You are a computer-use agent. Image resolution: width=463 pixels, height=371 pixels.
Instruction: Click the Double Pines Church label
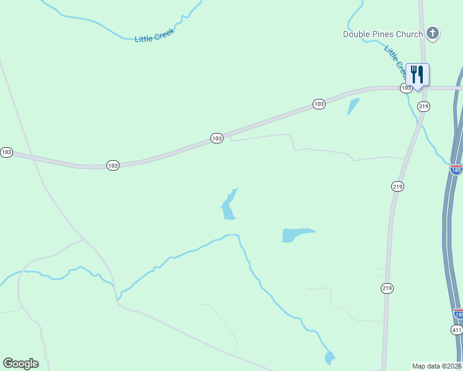click(x=383, y=34)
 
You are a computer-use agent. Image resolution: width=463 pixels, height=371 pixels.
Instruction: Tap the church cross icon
click(x=433, y=33)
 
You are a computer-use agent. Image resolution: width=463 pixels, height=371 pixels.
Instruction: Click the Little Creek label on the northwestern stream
click(x=155, y=36)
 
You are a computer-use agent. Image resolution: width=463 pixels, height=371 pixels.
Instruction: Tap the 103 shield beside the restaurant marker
click(x=405, y=88)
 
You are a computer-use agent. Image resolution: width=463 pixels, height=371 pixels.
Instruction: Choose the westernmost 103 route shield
click(x=6, y=152)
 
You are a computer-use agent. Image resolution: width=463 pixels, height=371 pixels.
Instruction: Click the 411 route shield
click(x=457, y=331)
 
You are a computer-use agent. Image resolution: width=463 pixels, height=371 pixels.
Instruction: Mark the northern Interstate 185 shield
click(x=457, y=169)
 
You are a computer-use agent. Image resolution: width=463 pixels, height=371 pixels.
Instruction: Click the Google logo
click(x=20, y=364)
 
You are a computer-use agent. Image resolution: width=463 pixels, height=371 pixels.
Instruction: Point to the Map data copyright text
click(x=437, y=366)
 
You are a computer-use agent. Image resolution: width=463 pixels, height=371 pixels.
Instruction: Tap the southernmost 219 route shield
click(x=387, y=288)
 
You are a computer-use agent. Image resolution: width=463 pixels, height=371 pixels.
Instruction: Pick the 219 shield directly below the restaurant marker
click(x=423, y=107)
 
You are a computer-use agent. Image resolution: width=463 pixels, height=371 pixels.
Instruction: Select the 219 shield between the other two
click(x=397, y=186)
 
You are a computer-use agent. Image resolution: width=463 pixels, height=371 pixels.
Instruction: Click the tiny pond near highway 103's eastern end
click(x=353, y=106)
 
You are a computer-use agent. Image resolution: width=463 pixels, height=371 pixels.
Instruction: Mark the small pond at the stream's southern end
click(x=329, y=357)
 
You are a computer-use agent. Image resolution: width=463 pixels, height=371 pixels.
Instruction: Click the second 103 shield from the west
click(x=113, y=166)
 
